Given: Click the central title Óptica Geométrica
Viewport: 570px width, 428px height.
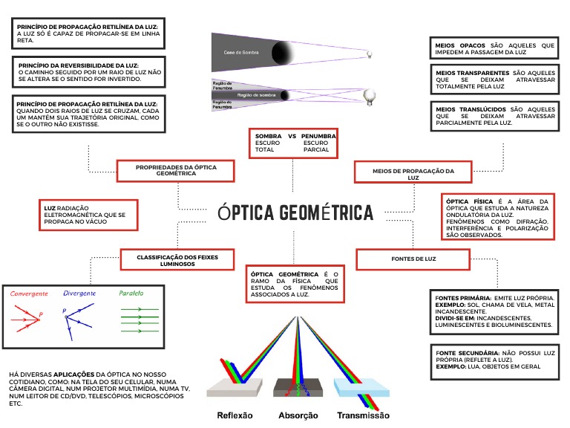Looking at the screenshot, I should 295,213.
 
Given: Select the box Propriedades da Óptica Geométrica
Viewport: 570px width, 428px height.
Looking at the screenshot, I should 176,171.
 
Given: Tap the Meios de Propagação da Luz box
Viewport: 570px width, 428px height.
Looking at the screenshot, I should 413,174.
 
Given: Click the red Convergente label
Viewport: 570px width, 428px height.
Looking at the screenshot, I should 29,294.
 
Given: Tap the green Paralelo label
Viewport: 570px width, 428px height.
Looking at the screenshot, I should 131,294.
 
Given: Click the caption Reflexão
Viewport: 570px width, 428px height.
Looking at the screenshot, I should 235,415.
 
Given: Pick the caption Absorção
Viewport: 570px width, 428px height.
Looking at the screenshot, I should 298,415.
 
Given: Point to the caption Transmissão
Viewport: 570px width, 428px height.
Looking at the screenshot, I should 363,415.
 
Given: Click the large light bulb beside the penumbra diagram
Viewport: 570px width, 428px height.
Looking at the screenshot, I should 369,95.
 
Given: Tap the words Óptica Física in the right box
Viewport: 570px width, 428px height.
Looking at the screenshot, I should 469,201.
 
